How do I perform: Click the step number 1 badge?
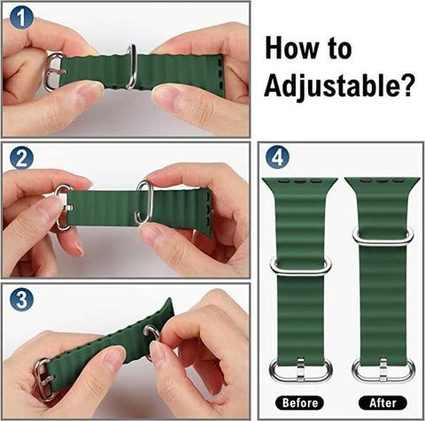tap(21, 17)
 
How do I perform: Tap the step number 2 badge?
tap(21, 158)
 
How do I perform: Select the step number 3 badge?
tap(21, 300)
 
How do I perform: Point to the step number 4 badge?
tap(277, 157)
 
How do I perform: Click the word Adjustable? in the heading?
tap(339, 85)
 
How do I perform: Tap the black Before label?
tap(299, 402)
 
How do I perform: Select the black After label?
tap(382, 402)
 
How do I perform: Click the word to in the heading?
tap(340, 50)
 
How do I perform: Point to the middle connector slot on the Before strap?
tap(300, 180)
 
